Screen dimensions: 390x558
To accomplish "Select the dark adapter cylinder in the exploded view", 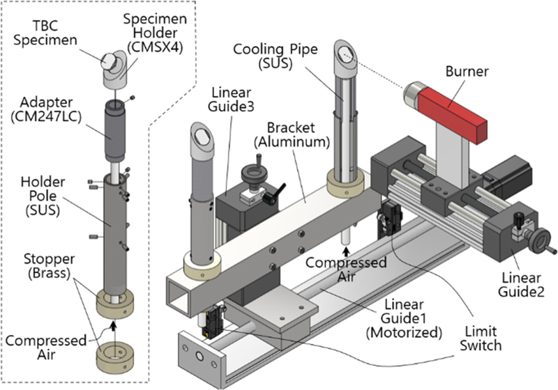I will pyautogui.click(x=112, y=132).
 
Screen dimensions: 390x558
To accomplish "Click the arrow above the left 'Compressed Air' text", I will pyautogui.click(x=113, y=322).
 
